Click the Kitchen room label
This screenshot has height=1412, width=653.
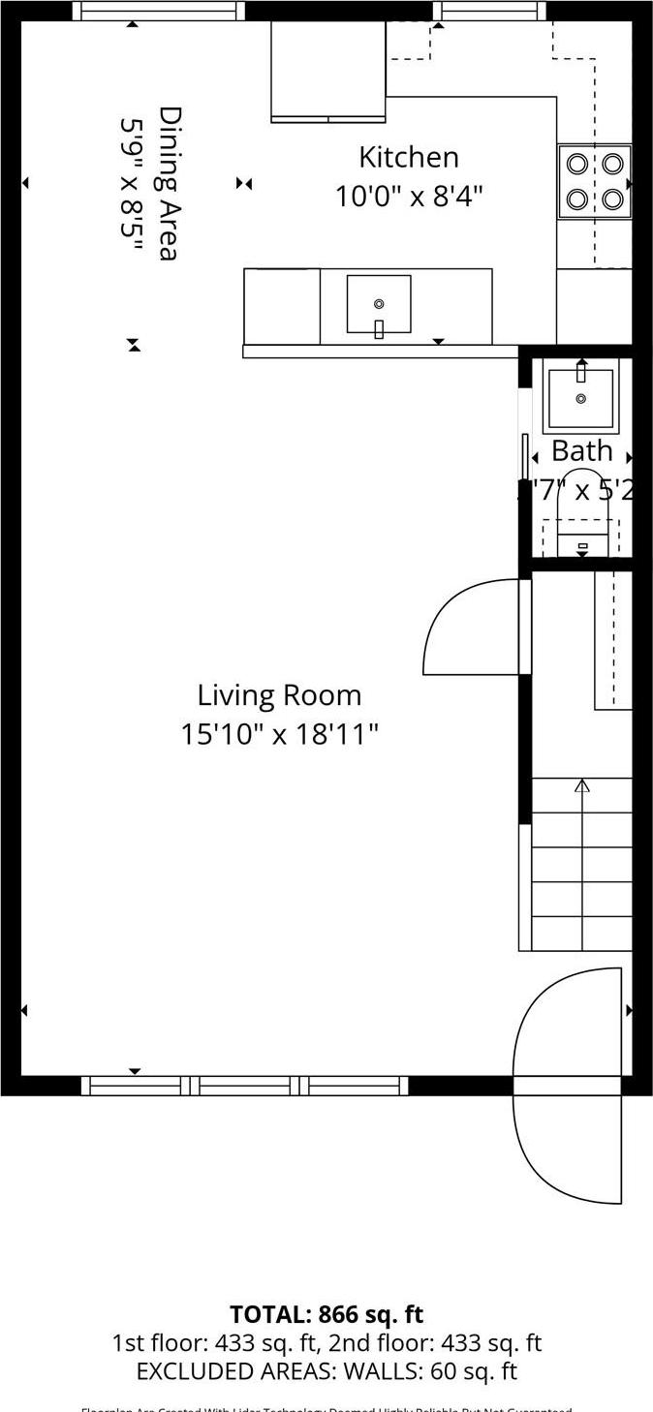pyautogui.click(x=408, y=158)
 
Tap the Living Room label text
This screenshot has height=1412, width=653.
pyautogui.click(x=279, y=695)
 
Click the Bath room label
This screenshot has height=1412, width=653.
pyautogui.click(x=581, y=451)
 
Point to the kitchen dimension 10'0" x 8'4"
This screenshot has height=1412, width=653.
pyautogui.click(x=408, y=197)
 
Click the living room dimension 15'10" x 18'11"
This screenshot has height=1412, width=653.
pyautogui.click(x=279, y=734)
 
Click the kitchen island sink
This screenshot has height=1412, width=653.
pyautogui.click(x=379, y=304)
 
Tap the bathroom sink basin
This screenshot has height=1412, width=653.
pyautogui.click(x=580, y=398)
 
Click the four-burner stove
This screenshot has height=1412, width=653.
pyautogui.click(x=594, y=181)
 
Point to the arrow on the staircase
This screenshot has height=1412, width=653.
pyautogui.click(x=581, y=786)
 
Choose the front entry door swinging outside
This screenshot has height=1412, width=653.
pyautogui.click(x=568, y=1149)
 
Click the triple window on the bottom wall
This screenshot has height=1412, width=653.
pyautogui.click(x=245, y=1086)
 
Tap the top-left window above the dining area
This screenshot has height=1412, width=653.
pyautogui.click(x=159, y=11)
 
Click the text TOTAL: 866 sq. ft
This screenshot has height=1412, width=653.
pyautogui.click(x=326, y=1314)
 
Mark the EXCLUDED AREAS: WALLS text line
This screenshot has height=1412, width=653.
pyautogui.click(x=326, y=1371)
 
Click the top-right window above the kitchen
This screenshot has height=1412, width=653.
pyautogui.click(x=489, y=11)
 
